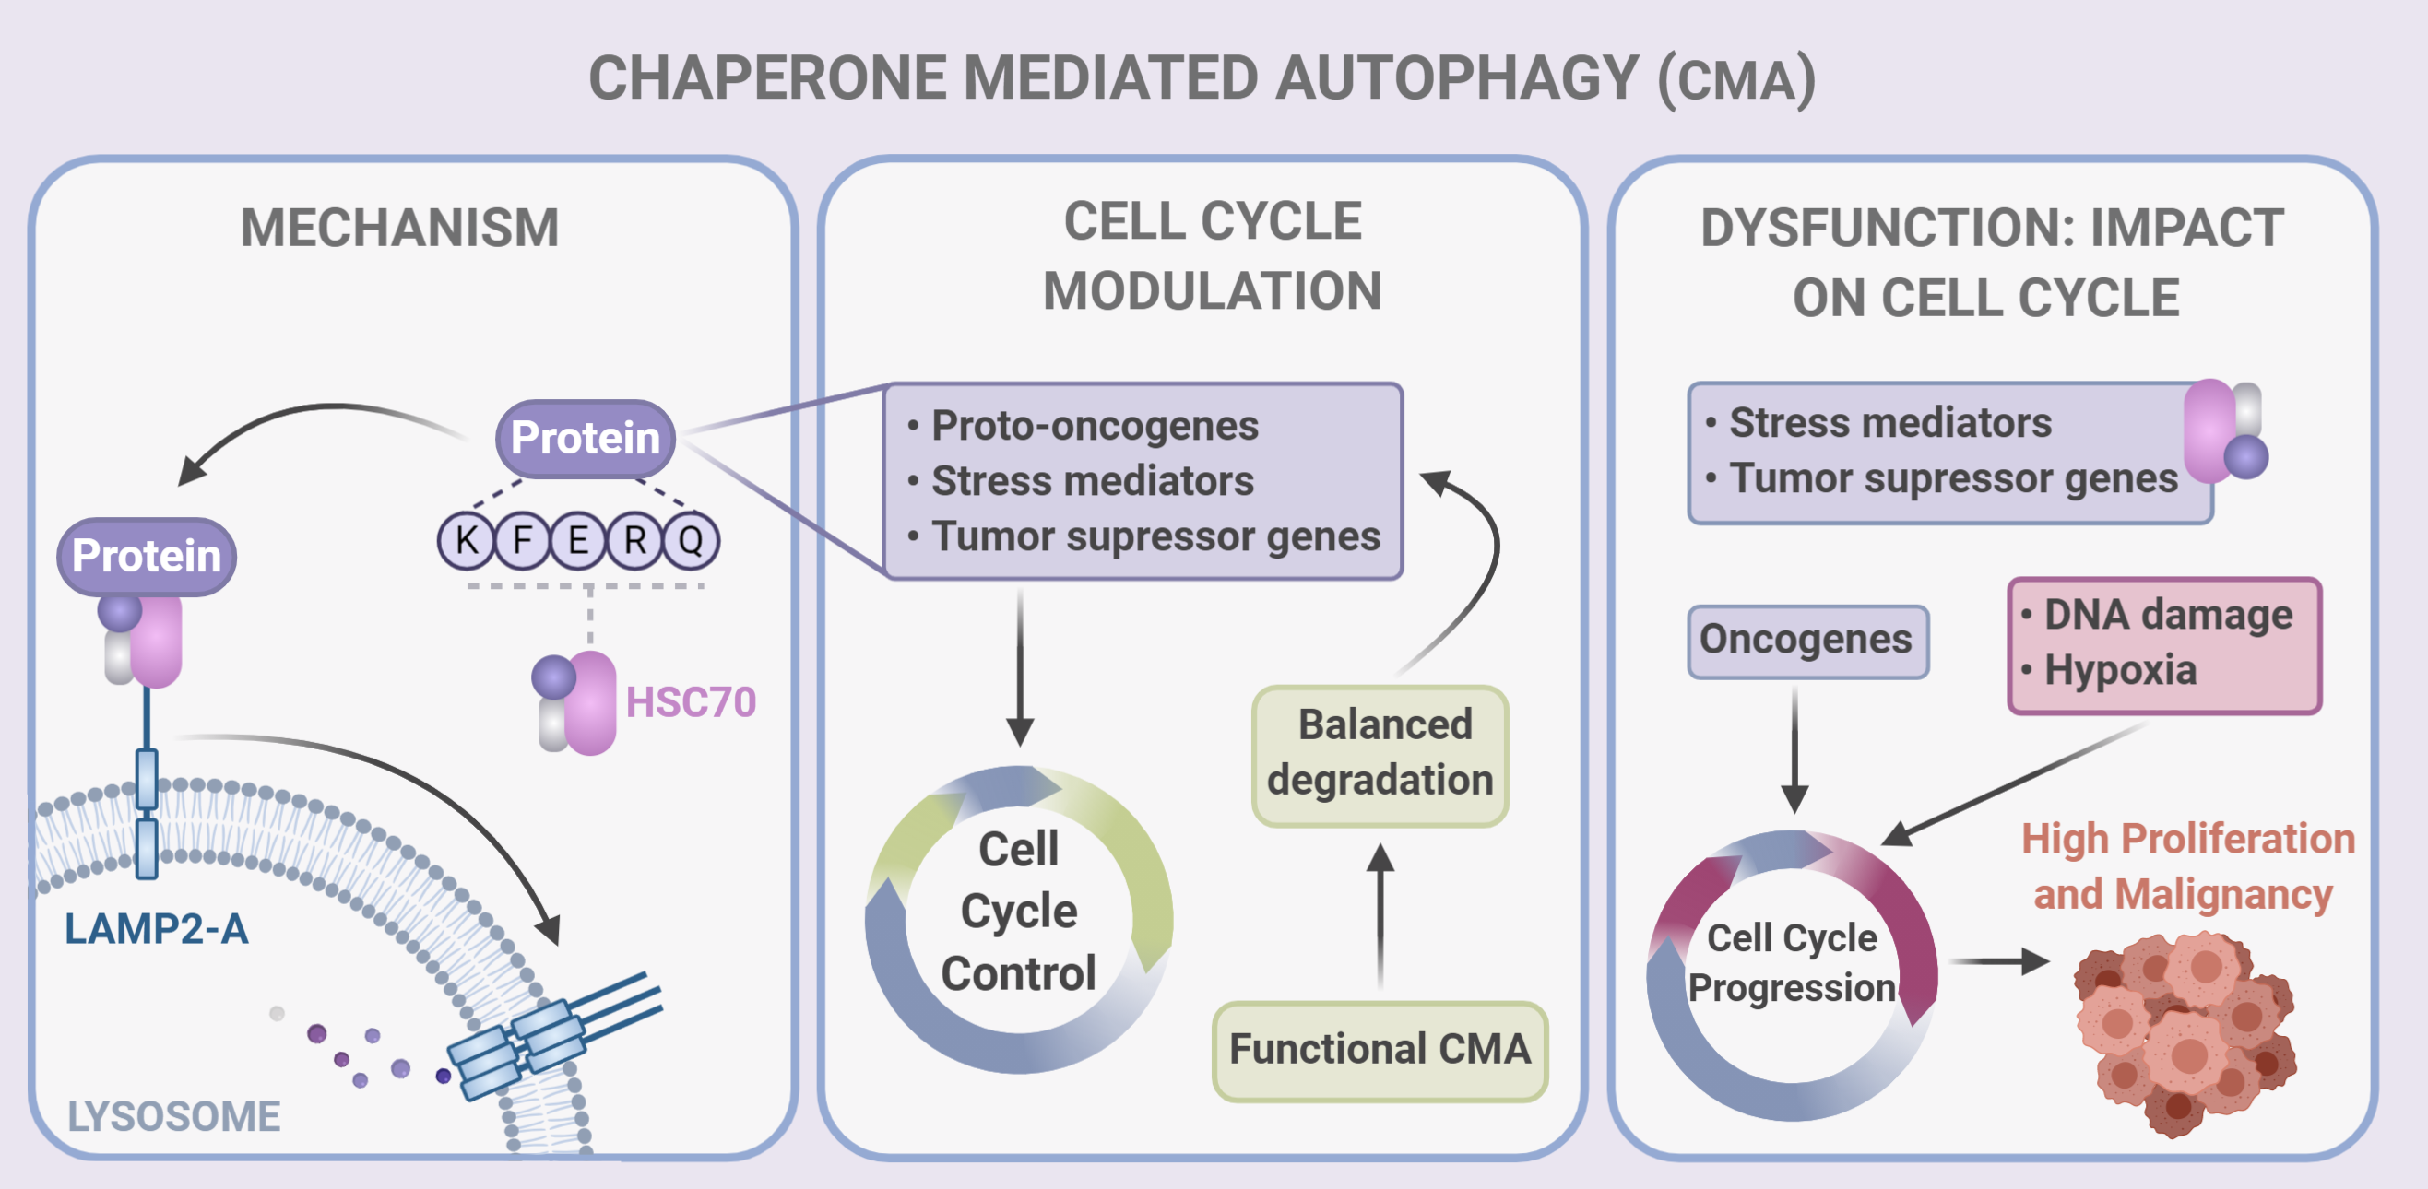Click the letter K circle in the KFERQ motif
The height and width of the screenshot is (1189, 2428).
coord(466,541)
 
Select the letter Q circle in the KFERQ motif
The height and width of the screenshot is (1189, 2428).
coord(691,541)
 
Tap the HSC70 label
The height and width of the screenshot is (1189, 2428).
coord(690,703)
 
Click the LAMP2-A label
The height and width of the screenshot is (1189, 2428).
coord(157,930)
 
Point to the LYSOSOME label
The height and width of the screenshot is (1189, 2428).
coord(173,1116)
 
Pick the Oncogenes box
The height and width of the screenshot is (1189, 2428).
coord(1806,641)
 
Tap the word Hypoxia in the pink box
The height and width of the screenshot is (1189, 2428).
coord(2120,671)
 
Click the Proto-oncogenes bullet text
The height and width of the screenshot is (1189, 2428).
coord(1094,427)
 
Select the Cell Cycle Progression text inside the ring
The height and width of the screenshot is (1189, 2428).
coord(1792,963)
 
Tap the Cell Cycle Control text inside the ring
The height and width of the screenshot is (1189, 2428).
coord(1018,911)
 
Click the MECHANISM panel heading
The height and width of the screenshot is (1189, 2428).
coord(399,228)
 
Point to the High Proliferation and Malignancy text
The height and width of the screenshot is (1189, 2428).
coord(2186,866)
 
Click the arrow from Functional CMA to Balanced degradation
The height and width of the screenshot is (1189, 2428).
coord(1380,914)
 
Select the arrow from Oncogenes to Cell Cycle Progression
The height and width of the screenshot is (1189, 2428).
coord(1794,749)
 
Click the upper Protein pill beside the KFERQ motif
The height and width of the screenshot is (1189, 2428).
coord(585,438)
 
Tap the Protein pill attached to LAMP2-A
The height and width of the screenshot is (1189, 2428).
coord(147,556)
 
